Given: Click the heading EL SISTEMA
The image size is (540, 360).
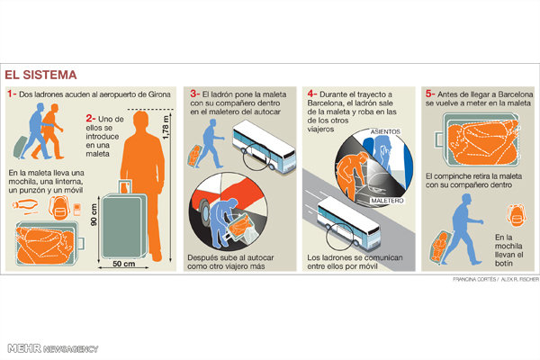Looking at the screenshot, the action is [x=40, y=75].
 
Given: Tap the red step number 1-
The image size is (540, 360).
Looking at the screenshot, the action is [x=12, y=94].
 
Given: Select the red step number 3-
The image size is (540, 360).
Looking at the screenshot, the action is [x=195, y=94].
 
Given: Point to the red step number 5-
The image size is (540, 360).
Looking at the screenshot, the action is [x=430, y=94].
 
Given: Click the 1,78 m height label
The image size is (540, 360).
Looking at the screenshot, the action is [x=166, y=128].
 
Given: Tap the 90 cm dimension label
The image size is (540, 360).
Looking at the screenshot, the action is [x=94, y=215].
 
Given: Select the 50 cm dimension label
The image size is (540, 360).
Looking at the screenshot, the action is [x=124, y=264].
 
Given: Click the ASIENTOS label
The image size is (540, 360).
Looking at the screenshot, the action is [x=385, y=131].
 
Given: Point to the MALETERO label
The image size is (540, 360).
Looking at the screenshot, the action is [x=387, y=201].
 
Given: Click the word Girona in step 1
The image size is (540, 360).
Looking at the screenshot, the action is [x=159, y=94].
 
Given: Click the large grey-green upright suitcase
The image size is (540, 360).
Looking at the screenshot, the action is [x=124, y=226].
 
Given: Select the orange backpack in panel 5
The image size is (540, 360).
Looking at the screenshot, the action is [x=517, y=214].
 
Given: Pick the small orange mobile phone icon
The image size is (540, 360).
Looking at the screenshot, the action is [x=77, y=209].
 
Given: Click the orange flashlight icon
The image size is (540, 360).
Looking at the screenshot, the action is [x=25, y=206].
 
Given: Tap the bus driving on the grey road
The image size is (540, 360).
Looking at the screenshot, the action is [x=347, y=223].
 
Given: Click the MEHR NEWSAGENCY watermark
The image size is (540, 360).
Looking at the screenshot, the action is [x=53, y=348].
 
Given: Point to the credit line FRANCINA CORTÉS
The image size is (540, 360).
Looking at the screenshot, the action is [x=474, y=279].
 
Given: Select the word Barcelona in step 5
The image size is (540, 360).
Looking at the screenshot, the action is [x=515, y=94].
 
